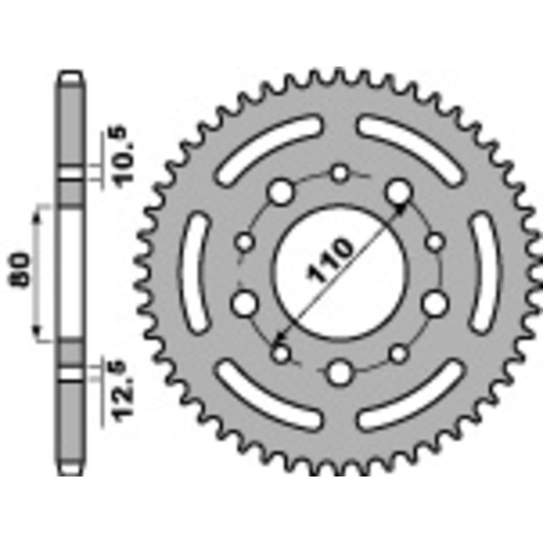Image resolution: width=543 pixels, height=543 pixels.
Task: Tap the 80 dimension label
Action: (22, 271)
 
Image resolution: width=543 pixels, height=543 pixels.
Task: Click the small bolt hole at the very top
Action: (340, 174)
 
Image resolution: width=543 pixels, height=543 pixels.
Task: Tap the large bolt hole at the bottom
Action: (340, 371)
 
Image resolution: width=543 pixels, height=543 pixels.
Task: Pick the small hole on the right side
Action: (435, 242)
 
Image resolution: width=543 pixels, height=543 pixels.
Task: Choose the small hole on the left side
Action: (245, 242)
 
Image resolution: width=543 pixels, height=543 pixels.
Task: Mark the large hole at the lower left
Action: (243, 303)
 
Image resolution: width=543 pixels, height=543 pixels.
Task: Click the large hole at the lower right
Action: (435, 303)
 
